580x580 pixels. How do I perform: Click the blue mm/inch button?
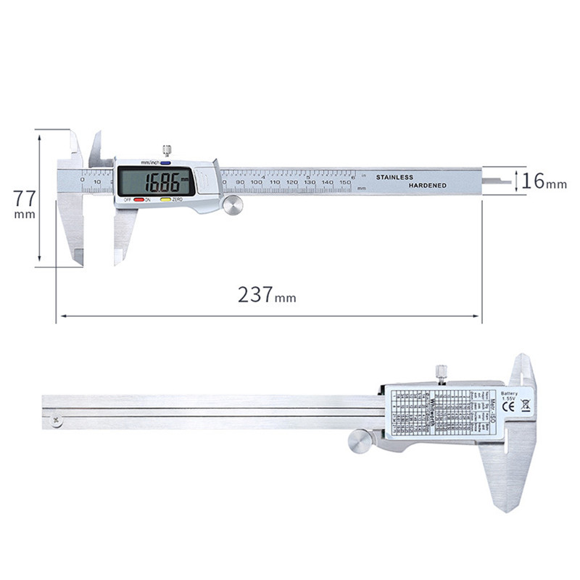[165, 163]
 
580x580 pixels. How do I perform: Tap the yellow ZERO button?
[165, 199]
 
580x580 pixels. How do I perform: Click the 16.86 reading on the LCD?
[160, 180]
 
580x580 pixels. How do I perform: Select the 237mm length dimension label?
[266, 295]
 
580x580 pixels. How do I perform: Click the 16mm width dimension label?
[544, 181]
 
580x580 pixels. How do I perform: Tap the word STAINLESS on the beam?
[394, 177]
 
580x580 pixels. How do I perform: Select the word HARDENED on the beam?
[427, 186]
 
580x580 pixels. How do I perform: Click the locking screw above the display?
[167, 151]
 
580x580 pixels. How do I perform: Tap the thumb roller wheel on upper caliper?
[232, 205]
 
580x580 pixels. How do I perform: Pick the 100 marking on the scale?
[256, 181]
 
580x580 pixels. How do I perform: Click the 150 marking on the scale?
[345, 181]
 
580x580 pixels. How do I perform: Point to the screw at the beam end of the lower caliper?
[56, 418]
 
